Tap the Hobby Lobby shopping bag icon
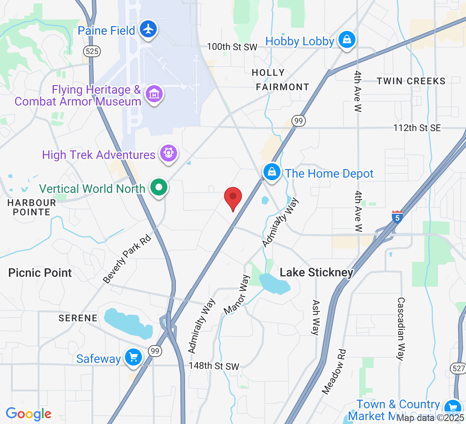(347, 40)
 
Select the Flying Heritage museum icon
(154, 94)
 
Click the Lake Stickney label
(316, 273)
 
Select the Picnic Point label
(40, 273)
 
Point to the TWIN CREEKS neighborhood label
(411, 81)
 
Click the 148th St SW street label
(214, 366)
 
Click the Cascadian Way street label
(401, 329)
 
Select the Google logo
(28, 414)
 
